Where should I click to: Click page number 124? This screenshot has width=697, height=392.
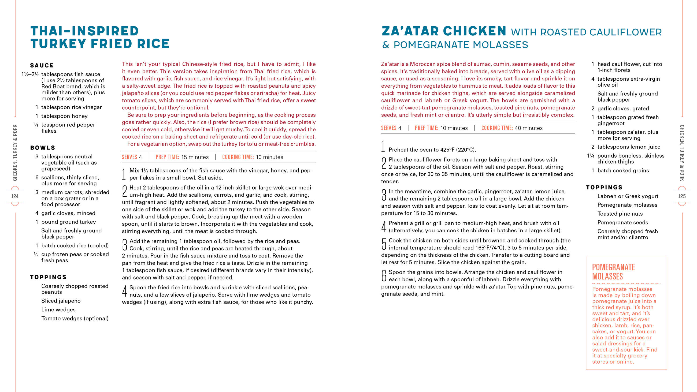click(15, 196)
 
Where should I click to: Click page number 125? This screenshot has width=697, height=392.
click(682, 196)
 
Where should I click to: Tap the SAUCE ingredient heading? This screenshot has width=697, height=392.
click(42, 65)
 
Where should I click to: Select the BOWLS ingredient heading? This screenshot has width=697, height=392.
click(43, 148)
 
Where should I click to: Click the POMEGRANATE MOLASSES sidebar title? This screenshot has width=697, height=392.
click(613, 272)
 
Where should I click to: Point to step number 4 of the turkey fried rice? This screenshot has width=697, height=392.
click(124, 291)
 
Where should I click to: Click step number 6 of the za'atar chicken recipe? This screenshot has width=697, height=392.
click(384, 276)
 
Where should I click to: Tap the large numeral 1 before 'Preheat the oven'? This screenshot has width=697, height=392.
click(383, 146)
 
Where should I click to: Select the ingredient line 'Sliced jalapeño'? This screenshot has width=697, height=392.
click(61, 301)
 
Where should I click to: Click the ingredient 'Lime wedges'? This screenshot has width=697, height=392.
click(58, 309)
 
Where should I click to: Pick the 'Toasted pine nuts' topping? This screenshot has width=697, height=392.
click(620, 214)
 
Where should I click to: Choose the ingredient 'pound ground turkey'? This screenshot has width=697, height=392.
click(68, 222)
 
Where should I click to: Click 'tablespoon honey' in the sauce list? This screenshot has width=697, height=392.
click(64, 116)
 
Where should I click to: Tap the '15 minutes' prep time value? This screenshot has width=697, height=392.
click(195, 157)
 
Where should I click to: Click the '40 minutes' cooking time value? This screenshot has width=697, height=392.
click(528, 128)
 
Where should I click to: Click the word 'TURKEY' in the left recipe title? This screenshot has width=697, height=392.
click(58, 44)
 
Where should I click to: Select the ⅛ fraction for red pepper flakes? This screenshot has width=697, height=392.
click(36, 125)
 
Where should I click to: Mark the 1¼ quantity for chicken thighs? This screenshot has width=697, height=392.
click(590, 156)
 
